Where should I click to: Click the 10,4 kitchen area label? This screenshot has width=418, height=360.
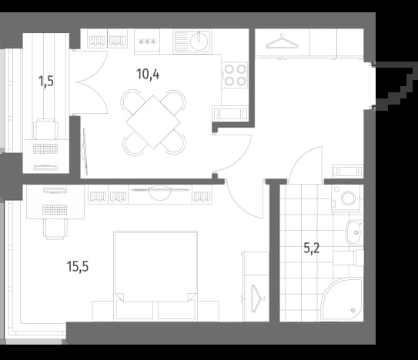148,75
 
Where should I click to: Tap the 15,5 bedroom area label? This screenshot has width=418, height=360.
77,266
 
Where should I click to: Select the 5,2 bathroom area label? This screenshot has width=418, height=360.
311,248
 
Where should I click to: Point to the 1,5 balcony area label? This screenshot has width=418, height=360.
46,82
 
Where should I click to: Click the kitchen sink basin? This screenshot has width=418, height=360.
199,42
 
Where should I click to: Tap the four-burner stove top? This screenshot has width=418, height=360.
235,75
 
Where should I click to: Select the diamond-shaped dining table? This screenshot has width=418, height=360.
153,122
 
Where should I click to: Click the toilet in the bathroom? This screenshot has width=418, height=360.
349,258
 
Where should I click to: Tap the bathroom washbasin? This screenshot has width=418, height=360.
355,232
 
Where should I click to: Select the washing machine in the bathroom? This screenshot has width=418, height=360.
346,198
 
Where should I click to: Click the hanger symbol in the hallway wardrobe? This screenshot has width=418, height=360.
282,42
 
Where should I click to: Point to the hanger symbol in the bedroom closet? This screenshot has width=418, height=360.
256,298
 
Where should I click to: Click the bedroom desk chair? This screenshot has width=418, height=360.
55,229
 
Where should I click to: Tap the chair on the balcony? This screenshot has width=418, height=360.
45,129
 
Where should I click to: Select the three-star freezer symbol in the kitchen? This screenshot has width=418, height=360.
147,42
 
